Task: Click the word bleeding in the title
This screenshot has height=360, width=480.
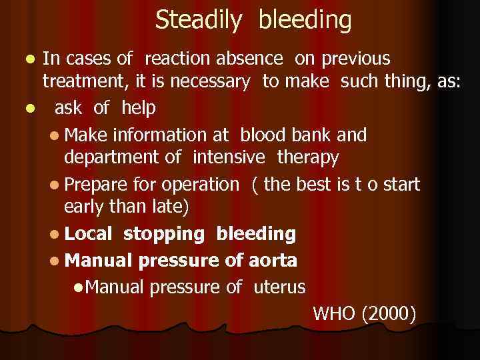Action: point(305,21)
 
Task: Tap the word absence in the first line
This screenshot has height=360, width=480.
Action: point(255,59)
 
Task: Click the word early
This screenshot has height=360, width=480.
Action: point(83,207)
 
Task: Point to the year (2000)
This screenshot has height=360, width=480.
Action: point(389,313)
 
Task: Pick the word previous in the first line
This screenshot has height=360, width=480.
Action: point(357,59)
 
